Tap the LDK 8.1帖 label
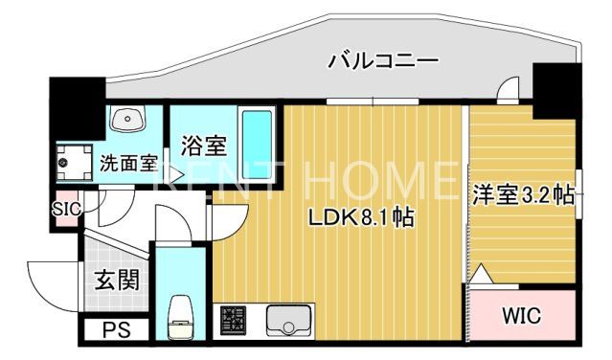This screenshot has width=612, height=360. [x=360, y=217]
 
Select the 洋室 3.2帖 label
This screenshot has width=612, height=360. [x=521, y=195]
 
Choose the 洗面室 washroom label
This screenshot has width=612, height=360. [x=128, y=162]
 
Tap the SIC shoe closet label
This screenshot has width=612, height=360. [x=66, y=205]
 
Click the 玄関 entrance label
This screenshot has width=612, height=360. [x=117, y=280]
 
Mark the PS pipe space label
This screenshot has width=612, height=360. [x=116, y=330]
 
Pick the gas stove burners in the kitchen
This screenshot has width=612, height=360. [x=234, y=319]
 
